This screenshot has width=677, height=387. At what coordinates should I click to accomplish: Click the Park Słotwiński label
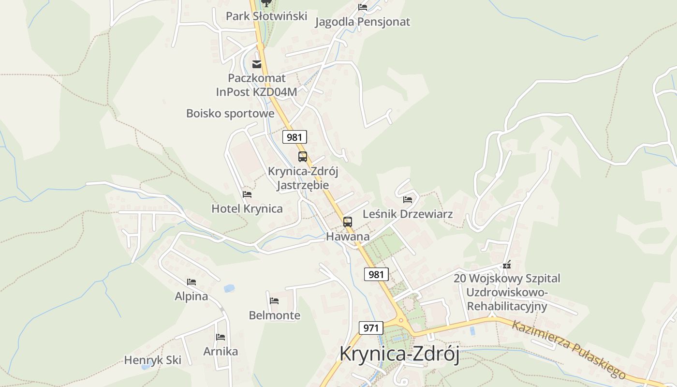coord(266,16)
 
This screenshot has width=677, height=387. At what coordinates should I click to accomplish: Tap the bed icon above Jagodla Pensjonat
coord(363,7)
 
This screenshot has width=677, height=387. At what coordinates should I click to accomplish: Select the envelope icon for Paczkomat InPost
coord(257,64)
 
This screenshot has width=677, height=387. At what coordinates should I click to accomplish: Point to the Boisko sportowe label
coord(230,113)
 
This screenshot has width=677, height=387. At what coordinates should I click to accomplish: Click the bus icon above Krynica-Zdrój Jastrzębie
coord(303,157)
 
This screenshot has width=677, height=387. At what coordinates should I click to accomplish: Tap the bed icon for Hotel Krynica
coord(247,194)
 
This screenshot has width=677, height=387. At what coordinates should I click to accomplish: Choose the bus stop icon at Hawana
coord(348,222)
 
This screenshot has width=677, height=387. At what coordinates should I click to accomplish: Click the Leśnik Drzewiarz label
coord(408,213)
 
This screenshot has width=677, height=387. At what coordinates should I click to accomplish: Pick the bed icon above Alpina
coord(191,282)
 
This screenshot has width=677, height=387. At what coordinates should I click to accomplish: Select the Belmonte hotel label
coord(274,315)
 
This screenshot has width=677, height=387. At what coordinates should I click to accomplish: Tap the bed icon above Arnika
coord(221,337)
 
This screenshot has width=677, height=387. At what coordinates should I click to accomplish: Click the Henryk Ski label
coord(153,360)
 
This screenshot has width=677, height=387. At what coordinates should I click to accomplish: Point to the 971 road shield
coord(371,327)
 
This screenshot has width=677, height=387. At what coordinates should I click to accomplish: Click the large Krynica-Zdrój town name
coord(399,354)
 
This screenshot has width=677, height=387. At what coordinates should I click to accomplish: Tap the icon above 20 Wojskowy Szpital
coord(507,265)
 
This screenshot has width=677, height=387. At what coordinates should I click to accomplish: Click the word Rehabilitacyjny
coord(507,306)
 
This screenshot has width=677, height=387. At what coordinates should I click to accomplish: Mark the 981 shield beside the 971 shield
coord(376,274)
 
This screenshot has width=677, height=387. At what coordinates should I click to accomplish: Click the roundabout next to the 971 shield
coord(400,320)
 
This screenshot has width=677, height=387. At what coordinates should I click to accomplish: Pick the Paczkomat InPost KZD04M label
coord(257,85)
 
